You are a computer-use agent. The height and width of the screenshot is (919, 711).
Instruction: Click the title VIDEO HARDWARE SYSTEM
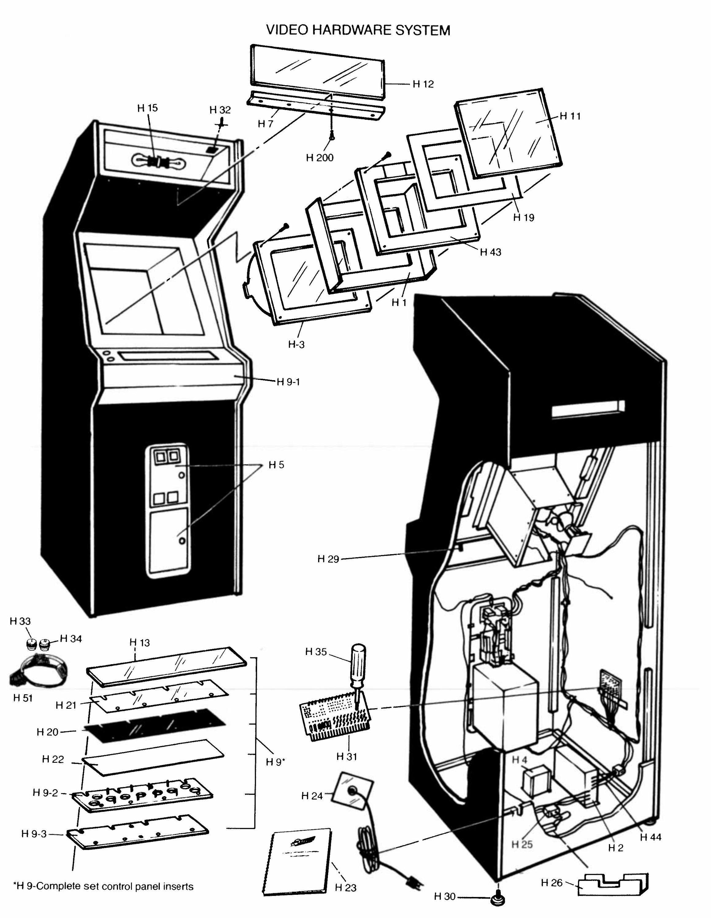[358, 30]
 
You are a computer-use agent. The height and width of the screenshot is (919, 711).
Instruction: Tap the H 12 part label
[423, 84]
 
